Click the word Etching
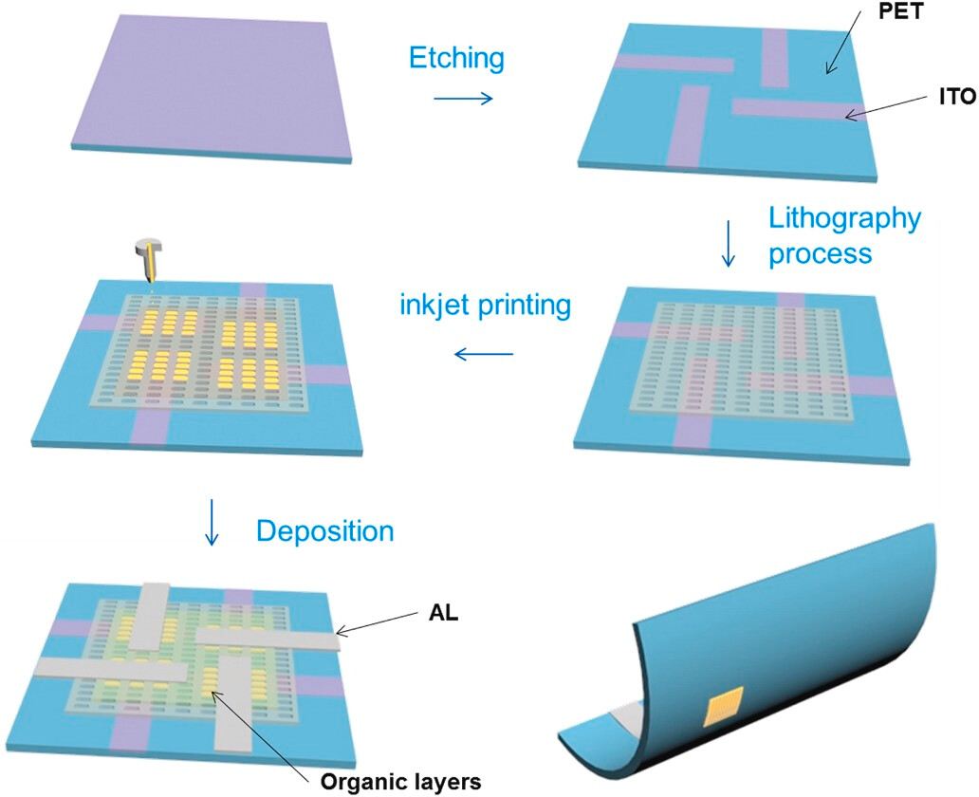456,60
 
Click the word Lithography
844,220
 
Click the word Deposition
325,531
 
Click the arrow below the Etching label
463,99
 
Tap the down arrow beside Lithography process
729,247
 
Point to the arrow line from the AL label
380,623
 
